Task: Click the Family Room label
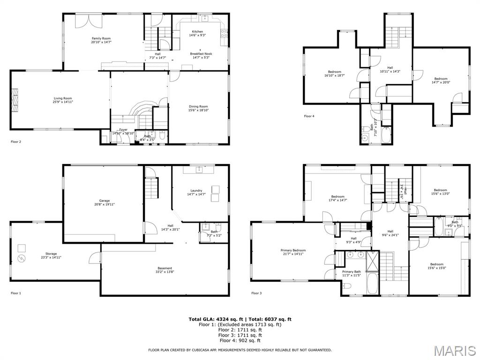(x=101, y=38)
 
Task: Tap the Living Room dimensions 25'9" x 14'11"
(x=63, y=102)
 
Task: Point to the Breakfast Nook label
(x=201, y=54)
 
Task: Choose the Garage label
(x=104, y=201)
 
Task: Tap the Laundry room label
(x=196, y=190)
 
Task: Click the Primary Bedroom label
(x=293, y=250)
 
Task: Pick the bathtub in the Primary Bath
(x=373, y=283)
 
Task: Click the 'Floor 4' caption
(x=309, y=116)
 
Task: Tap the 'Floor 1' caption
(x=16, y=293)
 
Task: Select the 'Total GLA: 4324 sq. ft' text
(x=215, y=319)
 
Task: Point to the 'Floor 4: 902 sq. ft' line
(x=240, y=341)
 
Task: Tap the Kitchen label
(x=197, y=31)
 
